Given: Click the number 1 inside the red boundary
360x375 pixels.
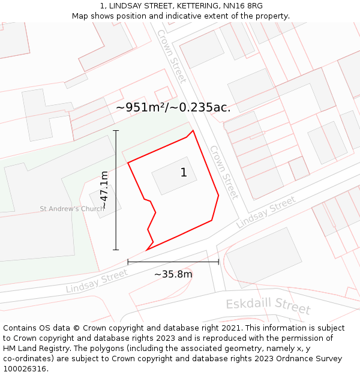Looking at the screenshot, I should tap(184, 173).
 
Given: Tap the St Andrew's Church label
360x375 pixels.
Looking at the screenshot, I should tap(72, 209).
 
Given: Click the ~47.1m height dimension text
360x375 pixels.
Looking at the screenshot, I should tap(104, 190).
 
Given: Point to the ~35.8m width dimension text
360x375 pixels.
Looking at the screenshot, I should tap(173, 274).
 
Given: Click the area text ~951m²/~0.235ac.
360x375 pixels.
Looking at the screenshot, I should tap(173, 107).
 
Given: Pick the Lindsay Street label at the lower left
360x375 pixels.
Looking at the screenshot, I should tap(97, 281).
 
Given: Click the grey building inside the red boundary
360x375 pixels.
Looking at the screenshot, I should tap(174, 176).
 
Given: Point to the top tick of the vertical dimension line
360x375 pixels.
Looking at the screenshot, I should tap(116, 130).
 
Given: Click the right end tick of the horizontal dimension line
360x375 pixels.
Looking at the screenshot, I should tap(218, 262).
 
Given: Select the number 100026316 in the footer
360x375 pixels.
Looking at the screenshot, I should tap(25, 368).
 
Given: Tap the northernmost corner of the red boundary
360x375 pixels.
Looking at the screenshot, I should tap(193, 130).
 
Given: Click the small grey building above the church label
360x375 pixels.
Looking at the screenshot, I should tap(104, 200).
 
